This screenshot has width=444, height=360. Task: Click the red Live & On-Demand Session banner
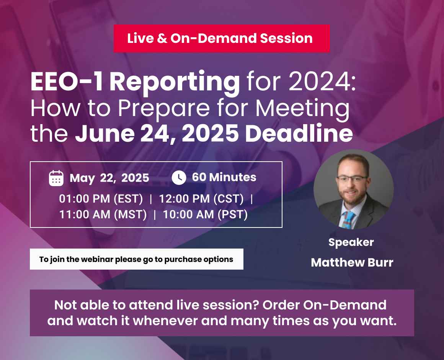(221, 38)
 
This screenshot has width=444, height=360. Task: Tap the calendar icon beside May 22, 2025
(56, 178)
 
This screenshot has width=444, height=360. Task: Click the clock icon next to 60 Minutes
(179, 177)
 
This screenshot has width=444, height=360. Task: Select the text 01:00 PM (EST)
(101, 199)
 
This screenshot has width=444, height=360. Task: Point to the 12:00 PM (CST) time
(201, 199)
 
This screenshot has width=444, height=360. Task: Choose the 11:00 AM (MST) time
(103, 214)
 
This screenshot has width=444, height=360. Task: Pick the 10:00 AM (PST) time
(205, 214)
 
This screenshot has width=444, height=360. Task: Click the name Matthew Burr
(352, 262)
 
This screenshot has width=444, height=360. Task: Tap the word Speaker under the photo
(351, 242)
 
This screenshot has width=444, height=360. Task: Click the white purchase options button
(136, 259)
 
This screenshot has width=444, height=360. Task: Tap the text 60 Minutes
(224, 177)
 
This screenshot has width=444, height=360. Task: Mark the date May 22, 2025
(109, 178)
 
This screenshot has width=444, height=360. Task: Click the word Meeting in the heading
(302, 108)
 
